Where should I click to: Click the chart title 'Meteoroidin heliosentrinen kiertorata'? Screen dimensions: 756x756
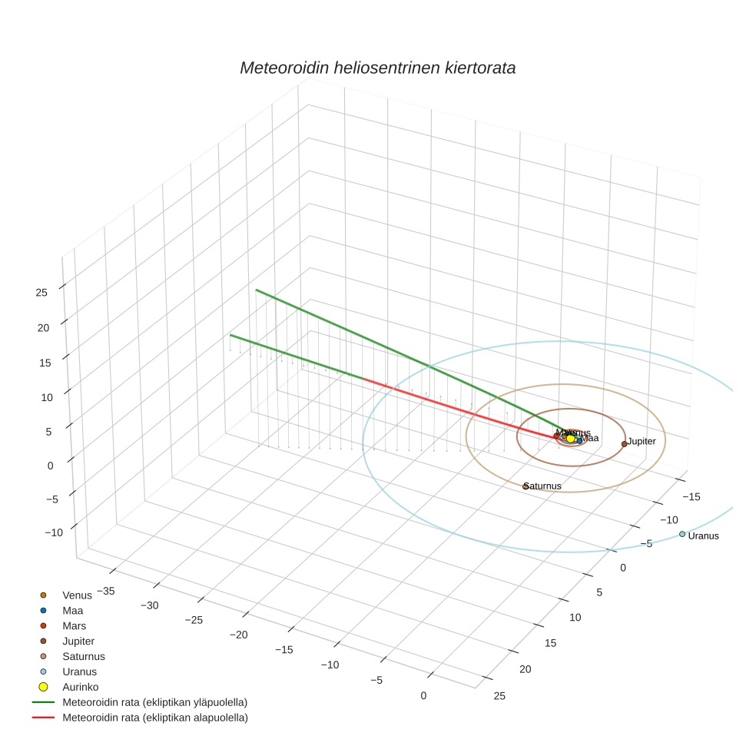377,68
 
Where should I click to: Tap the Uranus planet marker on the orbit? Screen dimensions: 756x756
681,534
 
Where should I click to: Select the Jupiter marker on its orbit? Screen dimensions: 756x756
624,443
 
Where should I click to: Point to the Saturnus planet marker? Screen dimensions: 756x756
526,486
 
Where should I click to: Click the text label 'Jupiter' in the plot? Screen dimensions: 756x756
642,442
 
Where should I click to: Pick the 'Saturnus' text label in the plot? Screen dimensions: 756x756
543,486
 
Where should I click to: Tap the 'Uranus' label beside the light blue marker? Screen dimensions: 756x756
703,535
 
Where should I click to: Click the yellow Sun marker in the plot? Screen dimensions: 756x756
570,438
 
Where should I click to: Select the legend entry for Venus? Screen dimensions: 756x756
76,595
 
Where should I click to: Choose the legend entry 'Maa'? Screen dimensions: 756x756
72,610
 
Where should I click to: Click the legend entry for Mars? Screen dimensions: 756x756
74,625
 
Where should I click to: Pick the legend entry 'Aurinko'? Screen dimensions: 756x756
80,687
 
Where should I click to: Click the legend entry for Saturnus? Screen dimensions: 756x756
83,656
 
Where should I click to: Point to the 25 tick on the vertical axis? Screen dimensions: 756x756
41,292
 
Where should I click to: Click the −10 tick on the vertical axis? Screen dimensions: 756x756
54,532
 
